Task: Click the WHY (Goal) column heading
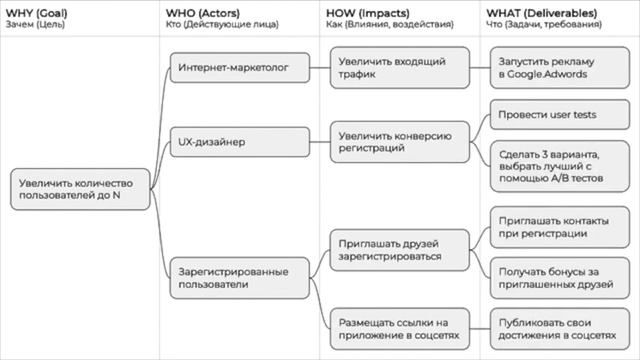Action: (37, 11)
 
